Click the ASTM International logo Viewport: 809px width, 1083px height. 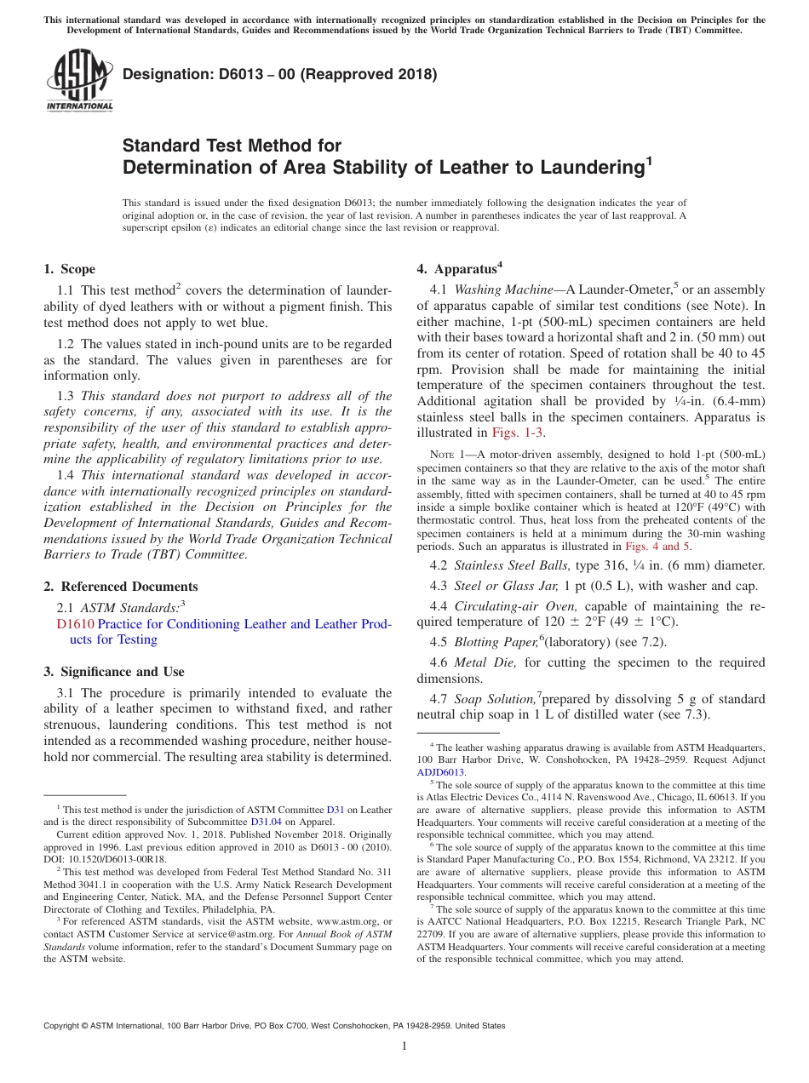(x=79, y=82)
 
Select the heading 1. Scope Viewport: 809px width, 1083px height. (x=69, y=269)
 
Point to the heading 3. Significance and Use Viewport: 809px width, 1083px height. (x=113, y=672)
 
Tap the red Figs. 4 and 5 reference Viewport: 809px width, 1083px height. (x=658, y=547)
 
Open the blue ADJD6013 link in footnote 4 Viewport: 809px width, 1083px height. (x=440, y=772)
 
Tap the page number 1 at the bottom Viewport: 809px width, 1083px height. (x=404, y=1046)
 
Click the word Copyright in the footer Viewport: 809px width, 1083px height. (x=65, y=1026)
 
